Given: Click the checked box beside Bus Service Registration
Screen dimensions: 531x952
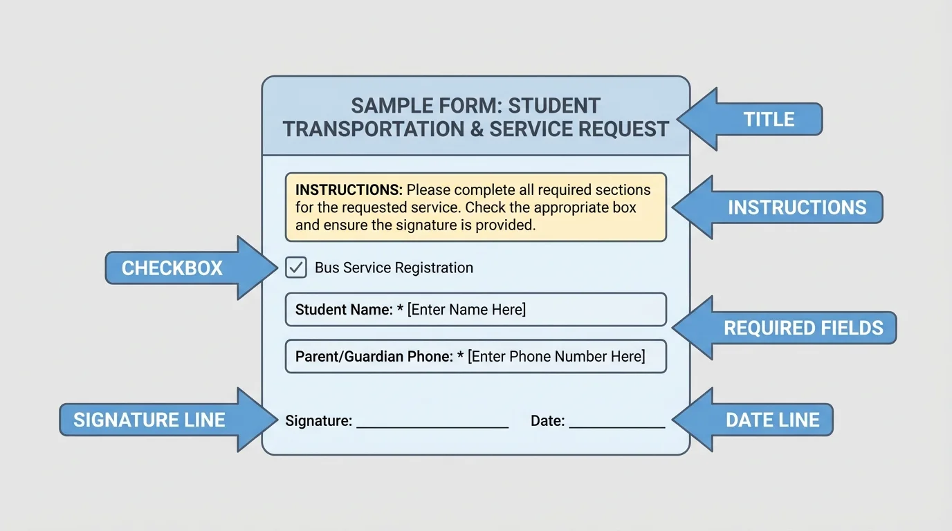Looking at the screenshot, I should tap(296, 268).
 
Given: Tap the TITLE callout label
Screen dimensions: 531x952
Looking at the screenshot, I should tap(769, 120).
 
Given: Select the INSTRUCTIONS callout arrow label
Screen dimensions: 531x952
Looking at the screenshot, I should tap(796, 207).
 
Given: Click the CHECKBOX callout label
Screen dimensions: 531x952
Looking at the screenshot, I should tap(172, 268).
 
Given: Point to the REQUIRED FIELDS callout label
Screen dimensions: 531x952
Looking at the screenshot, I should tap(803, 328).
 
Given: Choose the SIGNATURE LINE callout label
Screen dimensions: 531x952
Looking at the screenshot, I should tap(149, 420).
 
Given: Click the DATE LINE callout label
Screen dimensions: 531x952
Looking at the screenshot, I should tap(772, 420).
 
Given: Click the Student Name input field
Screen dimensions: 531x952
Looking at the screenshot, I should tap(475, 310).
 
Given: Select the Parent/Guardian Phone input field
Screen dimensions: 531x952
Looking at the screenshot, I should tap(475, 357).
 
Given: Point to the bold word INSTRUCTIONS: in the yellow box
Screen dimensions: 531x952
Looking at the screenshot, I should tap(349, 190).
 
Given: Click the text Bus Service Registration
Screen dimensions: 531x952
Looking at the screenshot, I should tap(394, 268).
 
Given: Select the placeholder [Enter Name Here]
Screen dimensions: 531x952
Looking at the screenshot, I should tap(466, 310).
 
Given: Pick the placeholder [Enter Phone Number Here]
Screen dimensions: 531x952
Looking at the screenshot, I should tap(556, 357).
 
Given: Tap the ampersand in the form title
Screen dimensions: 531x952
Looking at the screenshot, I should tap(477, 129).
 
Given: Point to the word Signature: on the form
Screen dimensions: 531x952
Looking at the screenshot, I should tap(319, 420).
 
